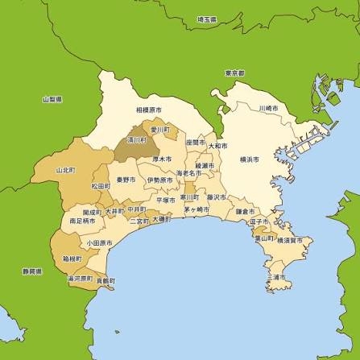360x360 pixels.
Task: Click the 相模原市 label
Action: (148, 109)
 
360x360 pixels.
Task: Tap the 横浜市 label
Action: (250, 160)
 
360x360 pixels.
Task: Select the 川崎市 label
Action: (268, 108)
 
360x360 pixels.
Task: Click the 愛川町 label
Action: (163, 129)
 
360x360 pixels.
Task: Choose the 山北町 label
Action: (65, 171)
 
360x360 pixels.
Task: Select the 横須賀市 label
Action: (289, 240)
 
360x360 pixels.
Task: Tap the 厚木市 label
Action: (163, 159)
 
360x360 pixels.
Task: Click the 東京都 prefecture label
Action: (235, 72)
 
